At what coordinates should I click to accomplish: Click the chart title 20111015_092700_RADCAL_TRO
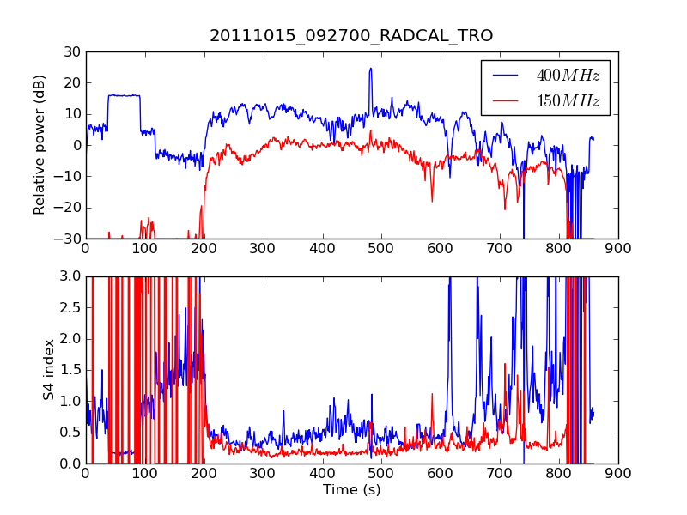tap(351, 35)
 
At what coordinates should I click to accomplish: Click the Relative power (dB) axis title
tap(39, 145)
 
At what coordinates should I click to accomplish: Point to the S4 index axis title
tap(49, 370)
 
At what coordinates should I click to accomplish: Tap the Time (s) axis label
tap(351, 489)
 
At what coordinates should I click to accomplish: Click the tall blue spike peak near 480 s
tap(371, 69)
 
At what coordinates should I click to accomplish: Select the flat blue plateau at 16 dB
tap(124, 95)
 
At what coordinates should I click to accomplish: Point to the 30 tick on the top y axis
tap(72, 51)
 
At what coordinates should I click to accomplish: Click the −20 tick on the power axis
tap(67, 208)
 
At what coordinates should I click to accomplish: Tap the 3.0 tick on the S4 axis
tap(70, 276)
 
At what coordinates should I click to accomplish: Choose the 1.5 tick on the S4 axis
tap(70, 370)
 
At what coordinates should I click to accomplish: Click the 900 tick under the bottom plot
tap(618, 474)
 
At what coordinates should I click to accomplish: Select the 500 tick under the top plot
tap(380, 249)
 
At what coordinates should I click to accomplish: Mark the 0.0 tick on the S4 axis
tap(70, 463)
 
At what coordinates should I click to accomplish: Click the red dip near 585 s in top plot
tap(432, 201)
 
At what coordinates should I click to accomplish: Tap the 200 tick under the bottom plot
tap(204, 474)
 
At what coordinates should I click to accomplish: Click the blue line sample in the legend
tap(505, 76)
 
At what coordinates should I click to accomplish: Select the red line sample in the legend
tap(505, 100)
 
